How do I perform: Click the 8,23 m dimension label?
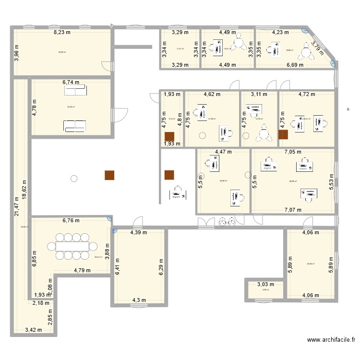point(61,33)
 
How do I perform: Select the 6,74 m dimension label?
point(72,83)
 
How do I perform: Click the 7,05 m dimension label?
point(292,152)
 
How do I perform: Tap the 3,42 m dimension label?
point(34,330)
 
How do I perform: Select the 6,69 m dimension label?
point(294,65)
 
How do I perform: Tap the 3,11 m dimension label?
point(259,95)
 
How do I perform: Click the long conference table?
point(73,246)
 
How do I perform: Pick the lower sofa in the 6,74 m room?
point(75,125)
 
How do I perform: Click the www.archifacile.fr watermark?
point(331,340)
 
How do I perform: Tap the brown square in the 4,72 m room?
point(283,135)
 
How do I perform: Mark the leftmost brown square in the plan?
point(110,176)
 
